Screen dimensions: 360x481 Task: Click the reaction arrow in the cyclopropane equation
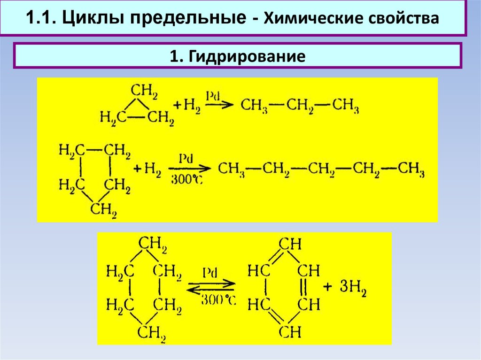[x=218, y=104]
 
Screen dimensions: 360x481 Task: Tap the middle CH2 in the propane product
[x=300, y=105]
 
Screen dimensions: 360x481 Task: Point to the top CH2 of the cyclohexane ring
[x=152, y=245]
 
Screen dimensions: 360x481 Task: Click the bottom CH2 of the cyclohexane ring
[x=152, y=333]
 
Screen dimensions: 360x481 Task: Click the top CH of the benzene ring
[x=290, y=244]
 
